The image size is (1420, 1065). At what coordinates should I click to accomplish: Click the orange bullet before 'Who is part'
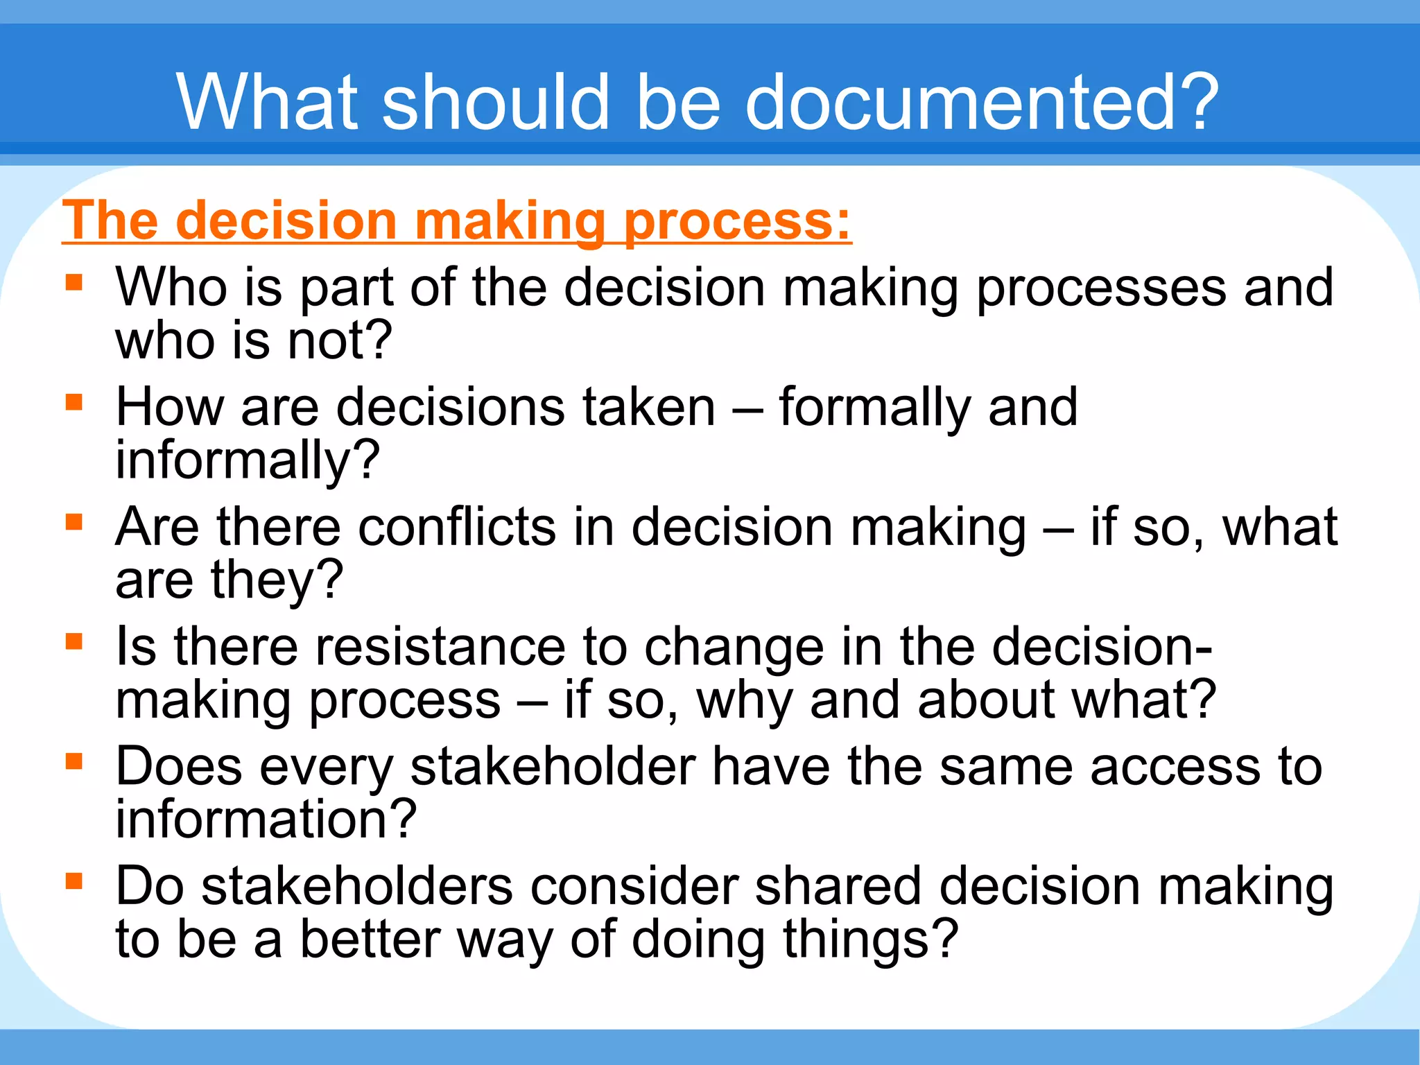click(74, 283)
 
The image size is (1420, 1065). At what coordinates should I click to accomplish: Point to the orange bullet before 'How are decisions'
click(74, 403)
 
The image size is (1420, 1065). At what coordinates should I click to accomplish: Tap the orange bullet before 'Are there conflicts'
click(74, 522)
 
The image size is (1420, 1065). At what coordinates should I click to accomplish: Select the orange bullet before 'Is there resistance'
click(74, 642)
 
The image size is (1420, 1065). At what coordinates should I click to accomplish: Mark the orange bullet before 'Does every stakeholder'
click(74, 762)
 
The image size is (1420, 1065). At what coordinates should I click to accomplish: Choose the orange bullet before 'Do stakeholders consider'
click(74, 881)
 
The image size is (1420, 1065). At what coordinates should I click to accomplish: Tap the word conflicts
click(457, 527)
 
